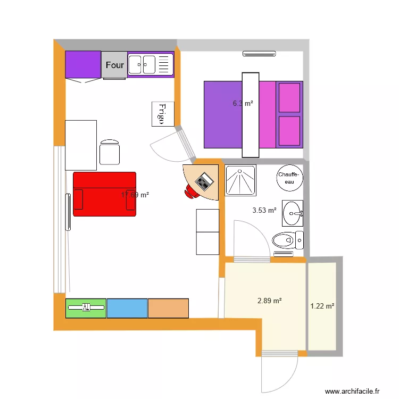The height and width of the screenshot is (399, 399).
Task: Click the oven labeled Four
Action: [114, 65]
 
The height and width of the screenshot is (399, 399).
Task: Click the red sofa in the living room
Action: [104, 194]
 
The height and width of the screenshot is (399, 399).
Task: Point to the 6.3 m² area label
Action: [243, 104]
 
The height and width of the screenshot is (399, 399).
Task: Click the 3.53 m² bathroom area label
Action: [264, 210]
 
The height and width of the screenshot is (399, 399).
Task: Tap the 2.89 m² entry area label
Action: [269, 301]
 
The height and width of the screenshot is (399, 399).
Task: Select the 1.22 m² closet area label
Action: [322, 306]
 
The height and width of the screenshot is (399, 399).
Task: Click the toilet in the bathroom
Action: [287, 240]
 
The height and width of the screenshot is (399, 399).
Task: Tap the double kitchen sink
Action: [151, 65]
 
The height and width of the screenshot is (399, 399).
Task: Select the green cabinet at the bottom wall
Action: [86, 308]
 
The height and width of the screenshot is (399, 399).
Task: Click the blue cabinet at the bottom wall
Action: [127, 308]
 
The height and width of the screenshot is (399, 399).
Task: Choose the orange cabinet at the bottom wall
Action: [168, 308]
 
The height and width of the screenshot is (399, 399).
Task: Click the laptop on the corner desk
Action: [204, 182]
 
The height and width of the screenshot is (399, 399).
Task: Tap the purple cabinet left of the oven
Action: [83, 64]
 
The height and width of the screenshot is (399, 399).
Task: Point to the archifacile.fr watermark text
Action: [352, 390]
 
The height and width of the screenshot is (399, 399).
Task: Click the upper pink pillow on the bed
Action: [289, 97]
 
